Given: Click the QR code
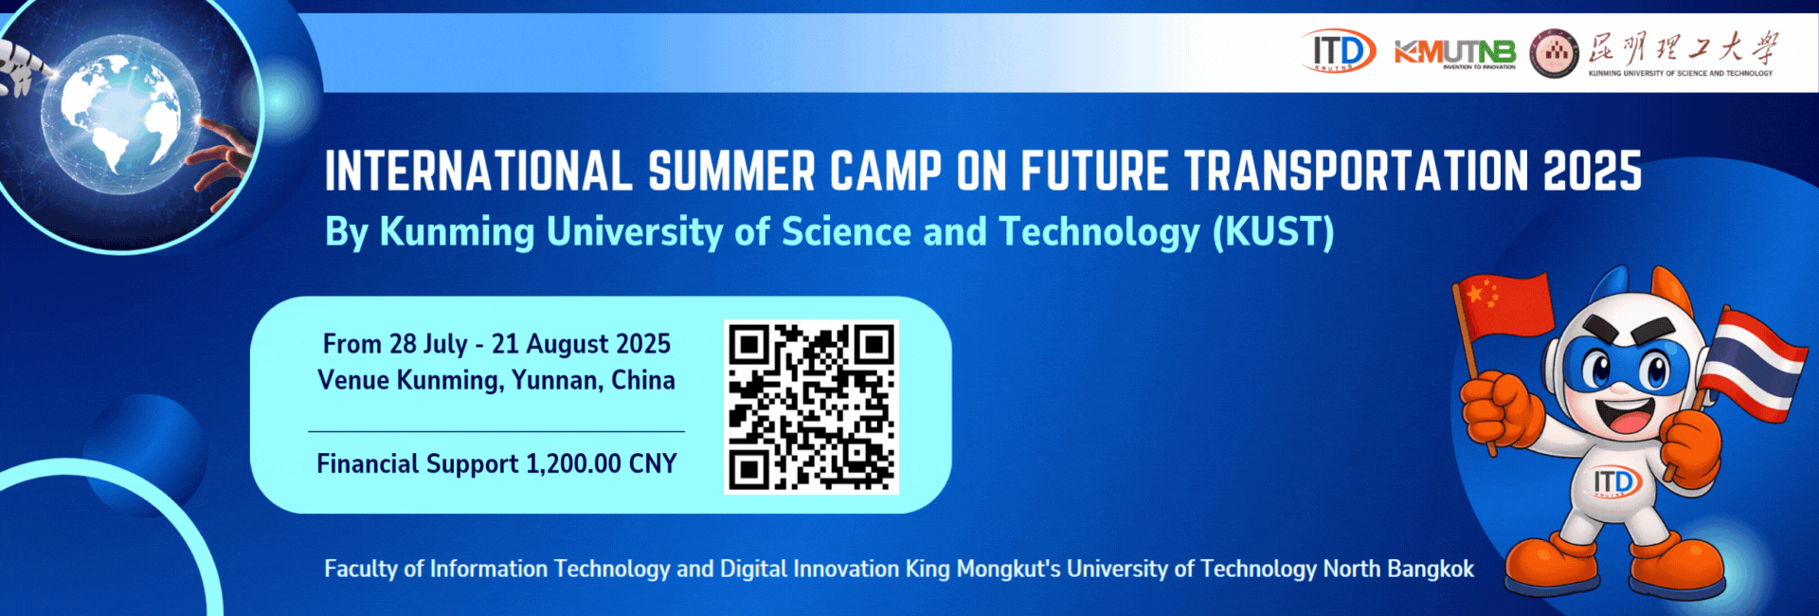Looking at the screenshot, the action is click(x=811, y=407).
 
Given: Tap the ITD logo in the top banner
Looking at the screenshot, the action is click(x=1338, y=51).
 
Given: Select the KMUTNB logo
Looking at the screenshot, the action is click(x=1454, y=54).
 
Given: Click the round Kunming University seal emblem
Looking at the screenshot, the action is click(x=1555, y=54).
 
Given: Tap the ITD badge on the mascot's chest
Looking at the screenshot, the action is click(x=1616, y=482).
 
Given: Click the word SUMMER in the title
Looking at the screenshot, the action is click(x=731, y=172).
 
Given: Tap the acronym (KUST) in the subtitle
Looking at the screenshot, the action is click(x=1273, y=231).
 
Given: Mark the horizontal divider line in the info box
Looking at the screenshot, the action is click(x=496, y=431).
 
